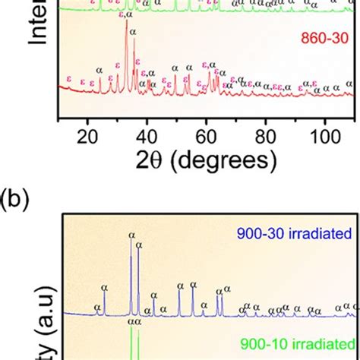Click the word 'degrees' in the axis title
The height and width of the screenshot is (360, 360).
[x=225, y=161]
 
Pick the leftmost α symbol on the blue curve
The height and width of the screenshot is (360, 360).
[x=96, y=308]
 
